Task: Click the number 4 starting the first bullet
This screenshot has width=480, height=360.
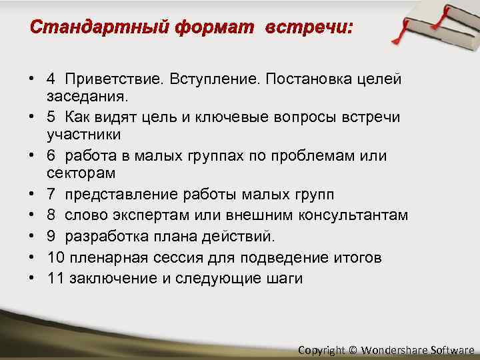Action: (51, 79)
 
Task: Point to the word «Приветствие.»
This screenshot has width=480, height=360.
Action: (107, 79)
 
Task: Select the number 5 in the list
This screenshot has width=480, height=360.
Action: (51, 117)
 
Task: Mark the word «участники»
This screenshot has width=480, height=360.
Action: (84, 135)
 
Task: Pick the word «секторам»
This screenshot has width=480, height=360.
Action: (81, 173)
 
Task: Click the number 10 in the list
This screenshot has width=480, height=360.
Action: (55, 257)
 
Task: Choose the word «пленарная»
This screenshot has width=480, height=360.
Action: (103, 257)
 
